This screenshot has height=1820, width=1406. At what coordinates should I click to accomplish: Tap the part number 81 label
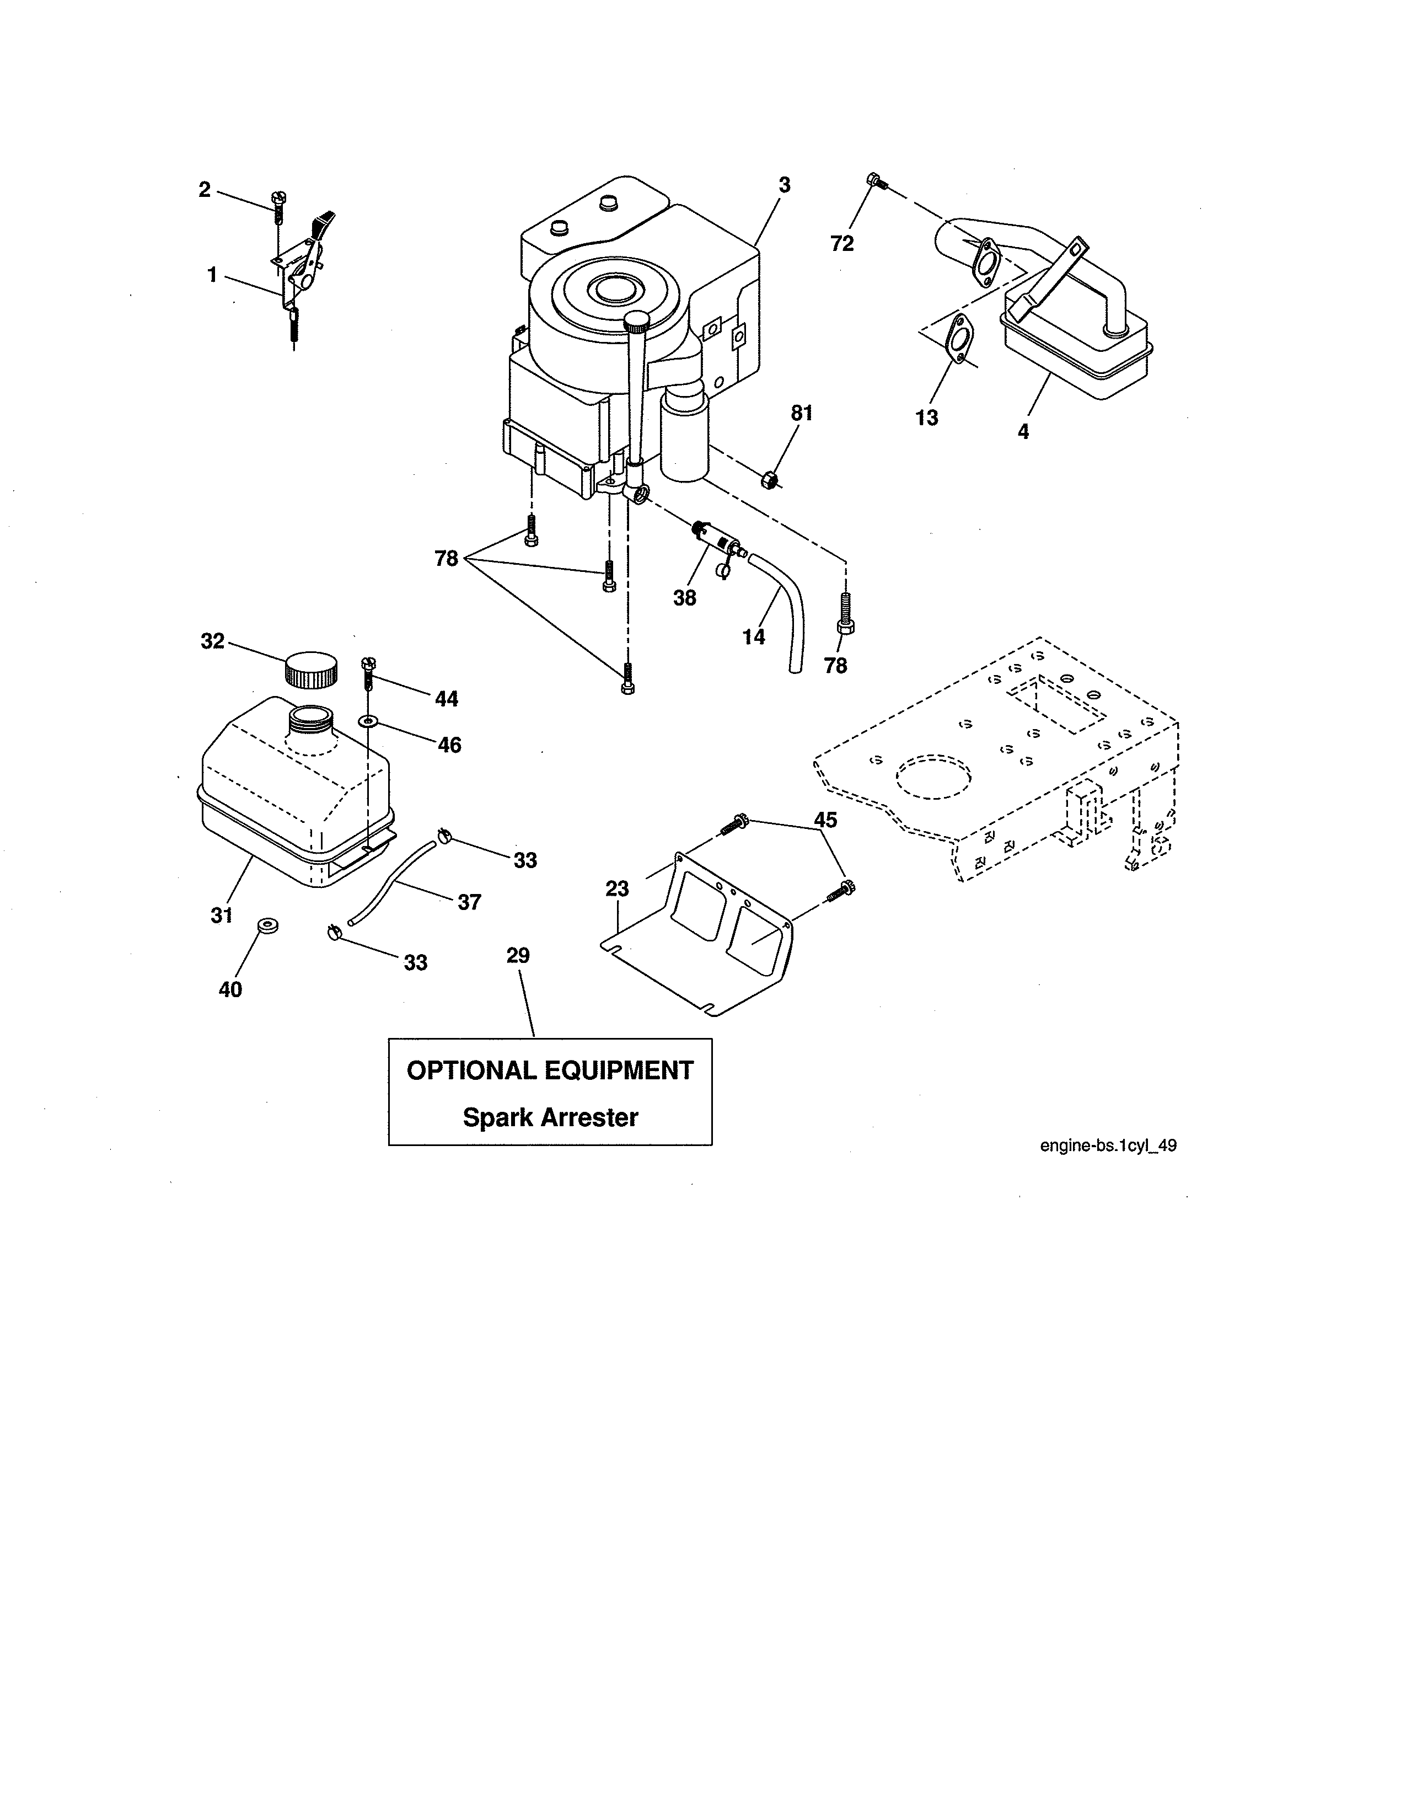coord(801,413)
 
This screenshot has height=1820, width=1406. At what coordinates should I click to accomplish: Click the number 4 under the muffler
coord(1023,432)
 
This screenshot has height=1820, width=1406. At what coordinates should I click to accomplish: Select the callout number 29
coord(518,956)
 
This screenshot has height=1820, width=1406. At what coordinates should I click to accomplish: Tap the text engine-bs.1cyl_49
coord(1108,1146)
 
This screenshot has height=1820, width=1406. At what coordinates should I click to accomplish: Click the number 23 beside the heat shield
coord(617,889)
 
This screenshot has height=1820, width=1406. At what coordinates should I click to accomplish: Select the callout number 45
coord(825,820)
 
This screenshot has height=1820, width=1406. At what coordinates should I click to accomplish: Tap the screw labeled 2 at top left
coord(277,204)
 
